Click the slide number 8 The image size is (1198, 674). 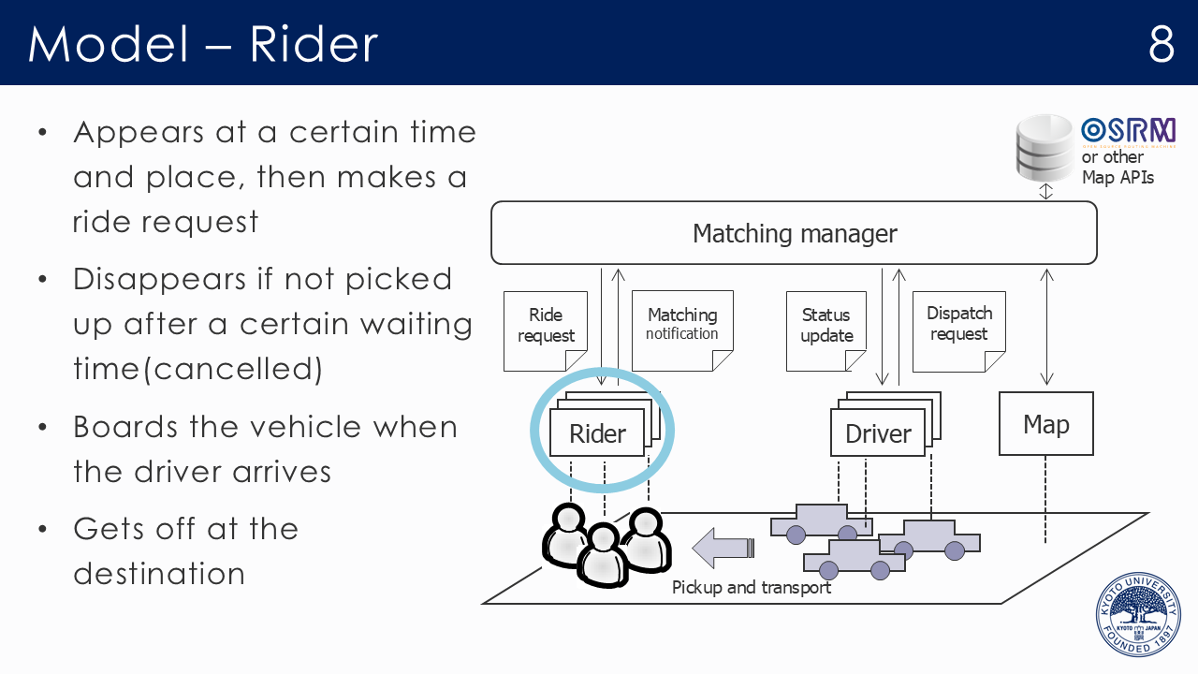(1161, 43)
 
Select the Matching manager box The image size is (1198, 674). (794, 233)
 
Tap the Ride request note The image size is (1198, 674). (546, 326)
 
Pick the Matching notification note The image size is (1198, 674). (682, 325)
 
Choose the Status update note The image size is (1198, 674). (826, 326)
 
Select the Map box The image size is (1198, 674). (1045, 424)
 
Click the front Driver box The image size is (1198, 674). (878, 433)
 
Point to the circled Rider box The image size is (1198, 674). (597, 433)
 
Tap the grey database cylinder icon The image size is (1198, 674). (1045, 147)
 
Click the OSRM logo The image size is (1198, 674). (1128, 131)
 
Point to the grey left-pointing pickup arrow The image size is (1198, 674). (723, 547)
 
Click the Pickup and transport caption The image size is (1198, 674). (752, 588)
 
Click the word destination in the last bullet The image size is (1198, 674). (159, 573)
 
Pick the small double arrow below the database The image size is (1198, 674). (1046, 191)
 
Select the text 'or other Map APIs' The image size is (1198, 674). (1118, 168)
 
